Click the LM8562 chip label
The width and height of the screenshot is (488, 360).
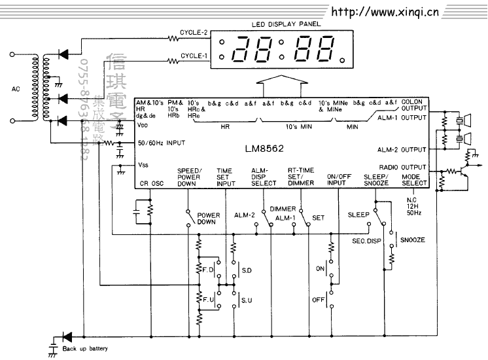tap(266, 149)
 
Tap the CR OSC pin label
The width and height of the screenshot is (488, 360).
tap(151, 184)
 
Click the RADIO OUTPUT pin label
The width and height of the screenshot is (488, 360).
tap(406, 167)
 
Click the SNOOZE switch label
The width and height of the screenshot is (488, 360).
tap(413, 240)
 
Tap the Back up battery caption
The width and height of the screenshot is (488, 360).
tap(85, 348)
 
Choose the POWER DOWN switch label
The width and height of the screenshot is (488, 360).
tap(208, 219)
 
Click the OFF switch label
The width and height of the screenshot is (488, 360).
tap(319, 300)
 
